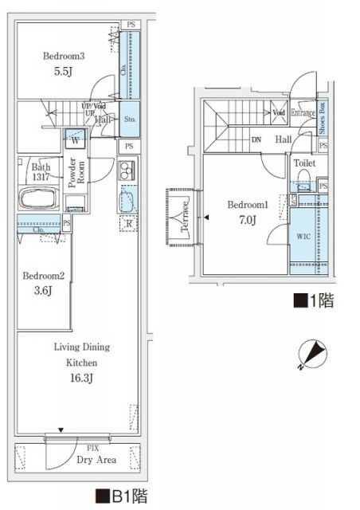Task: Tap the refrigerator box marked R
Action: [129, 224]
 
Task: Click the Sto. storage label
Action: [131, 120]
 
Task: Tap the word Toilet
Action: [303, 163]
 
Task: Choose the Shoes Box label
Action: [322, 117]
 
